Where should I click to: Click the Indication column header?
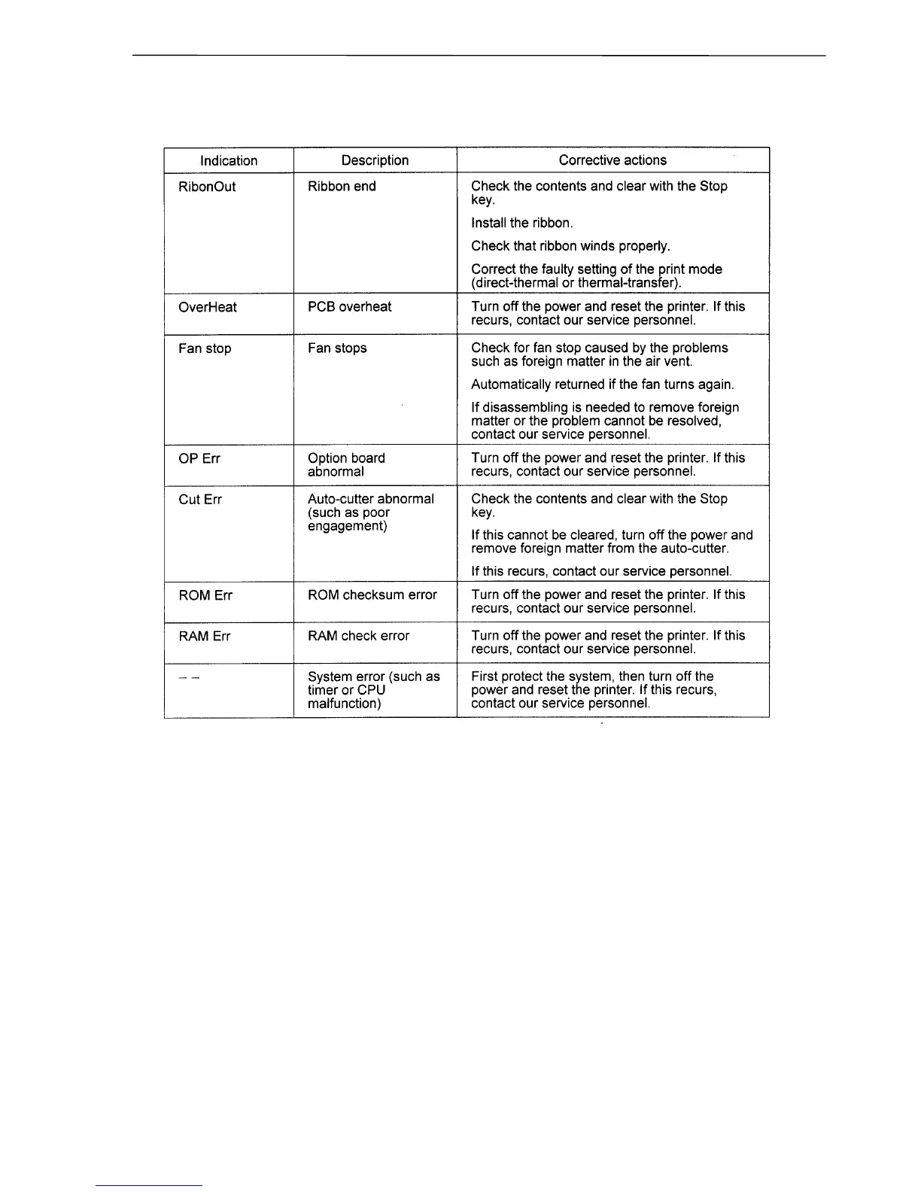[229, 160]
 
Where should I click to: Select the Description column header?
[375, 160]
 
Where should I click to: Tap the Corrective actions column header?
[612, 160]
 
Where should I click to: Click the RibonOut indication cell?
[207, 187]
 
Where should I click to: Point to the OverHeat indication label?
[208, 307]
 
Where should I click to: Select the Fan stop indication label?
[205, 348]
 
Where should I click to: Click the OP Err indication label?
[199, 458]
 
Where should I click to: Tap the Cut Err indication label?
[200, 500]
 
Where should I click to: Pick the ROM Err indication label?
[205, 595]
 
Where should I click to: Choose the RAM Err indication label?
[205, 637]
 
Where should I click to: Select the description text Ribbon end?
[342, 187]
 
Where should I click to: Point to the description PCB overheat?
[350, 307]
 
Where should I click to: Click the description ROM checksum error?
[372, 595]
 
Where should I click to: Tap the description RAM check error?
[359, 637]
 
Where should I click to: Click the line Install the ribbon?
[522, 223]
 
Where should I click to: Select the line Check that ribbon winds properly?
[570, 246]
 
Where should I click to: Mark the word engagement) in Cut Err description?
[348, 526]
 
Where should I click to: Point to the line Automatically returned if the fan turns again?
[602, 385]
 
